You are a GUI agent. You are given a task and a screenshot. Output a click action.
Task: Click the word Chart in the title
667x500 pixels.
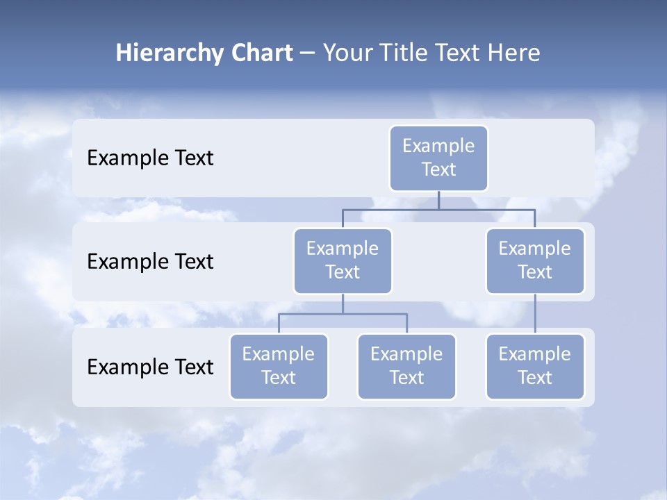pos(261,53)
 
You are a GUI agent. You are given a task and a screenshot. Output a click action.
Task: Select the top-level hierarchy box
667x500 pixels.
pos(438,158)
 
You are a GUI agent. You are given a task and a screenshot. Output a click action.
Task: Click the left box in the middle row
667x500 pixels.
pos(343,260)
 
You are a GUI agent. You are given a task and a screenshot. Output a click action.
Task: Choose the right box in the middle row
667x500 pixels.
pos(535,260)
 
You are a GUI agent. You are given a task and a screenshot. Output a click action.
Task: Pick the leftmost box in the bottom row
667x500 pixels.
pos(279,366)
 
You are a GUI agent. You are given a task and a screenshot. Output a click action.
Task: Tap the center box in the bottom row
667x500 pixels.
pos(406,366)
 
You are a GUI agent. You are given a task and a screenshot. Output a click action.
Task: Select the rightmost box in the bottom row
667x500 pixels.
pos(535,366)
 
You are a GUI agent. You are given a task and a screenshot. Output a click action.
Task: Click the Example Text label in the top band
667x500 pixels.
pos(150,158)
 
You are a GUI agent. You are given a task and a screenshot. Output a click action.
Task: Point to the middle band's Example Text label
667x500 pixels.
pos(150,261)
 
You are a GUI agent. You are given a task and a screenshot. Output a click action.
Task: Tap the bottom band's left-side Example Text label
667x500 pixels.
pos(150,367)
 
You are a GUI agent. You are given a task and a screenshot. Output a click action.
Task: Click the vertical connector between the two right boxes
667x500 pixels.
pos(535,314)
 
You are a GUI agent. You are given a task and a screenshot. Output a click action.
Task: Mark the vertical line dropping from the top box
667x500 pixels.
pos(438,200)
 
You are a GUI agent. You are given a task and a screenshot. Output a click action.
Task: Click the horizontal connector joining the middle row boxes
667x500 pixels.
pos(438,209)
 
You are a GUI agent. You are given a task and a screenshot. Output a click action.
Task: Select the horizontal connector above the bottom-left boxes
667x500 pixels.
pos(343,314)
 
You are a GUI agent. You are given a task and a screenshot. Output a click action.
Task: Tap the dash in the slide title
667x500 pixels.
pos(308,53)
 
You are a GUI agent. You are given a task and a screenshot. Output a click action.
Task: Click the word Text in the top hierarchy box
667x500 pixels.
pos(438,169)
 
